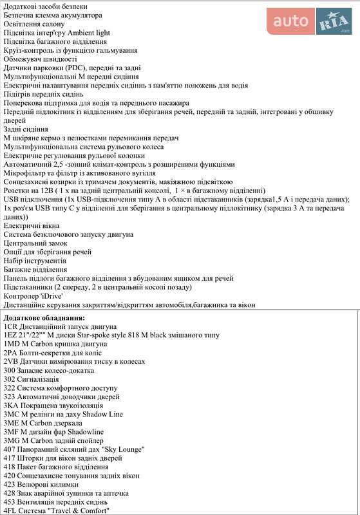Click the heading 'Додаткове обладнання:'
44,317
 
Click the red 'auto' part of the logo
290,22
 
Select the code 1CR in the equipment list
11,326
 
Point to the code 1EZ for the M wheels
11,335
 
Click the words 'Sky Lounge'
123,449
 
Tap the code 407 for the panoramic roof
10,449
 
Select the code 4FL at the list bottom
11,510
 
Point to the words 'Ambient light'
88,32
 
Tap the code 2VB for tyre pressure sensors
12,362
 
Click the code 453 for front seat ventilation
10,501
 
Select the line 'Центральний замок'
35,243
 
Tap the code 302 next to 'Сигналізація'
10,379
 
